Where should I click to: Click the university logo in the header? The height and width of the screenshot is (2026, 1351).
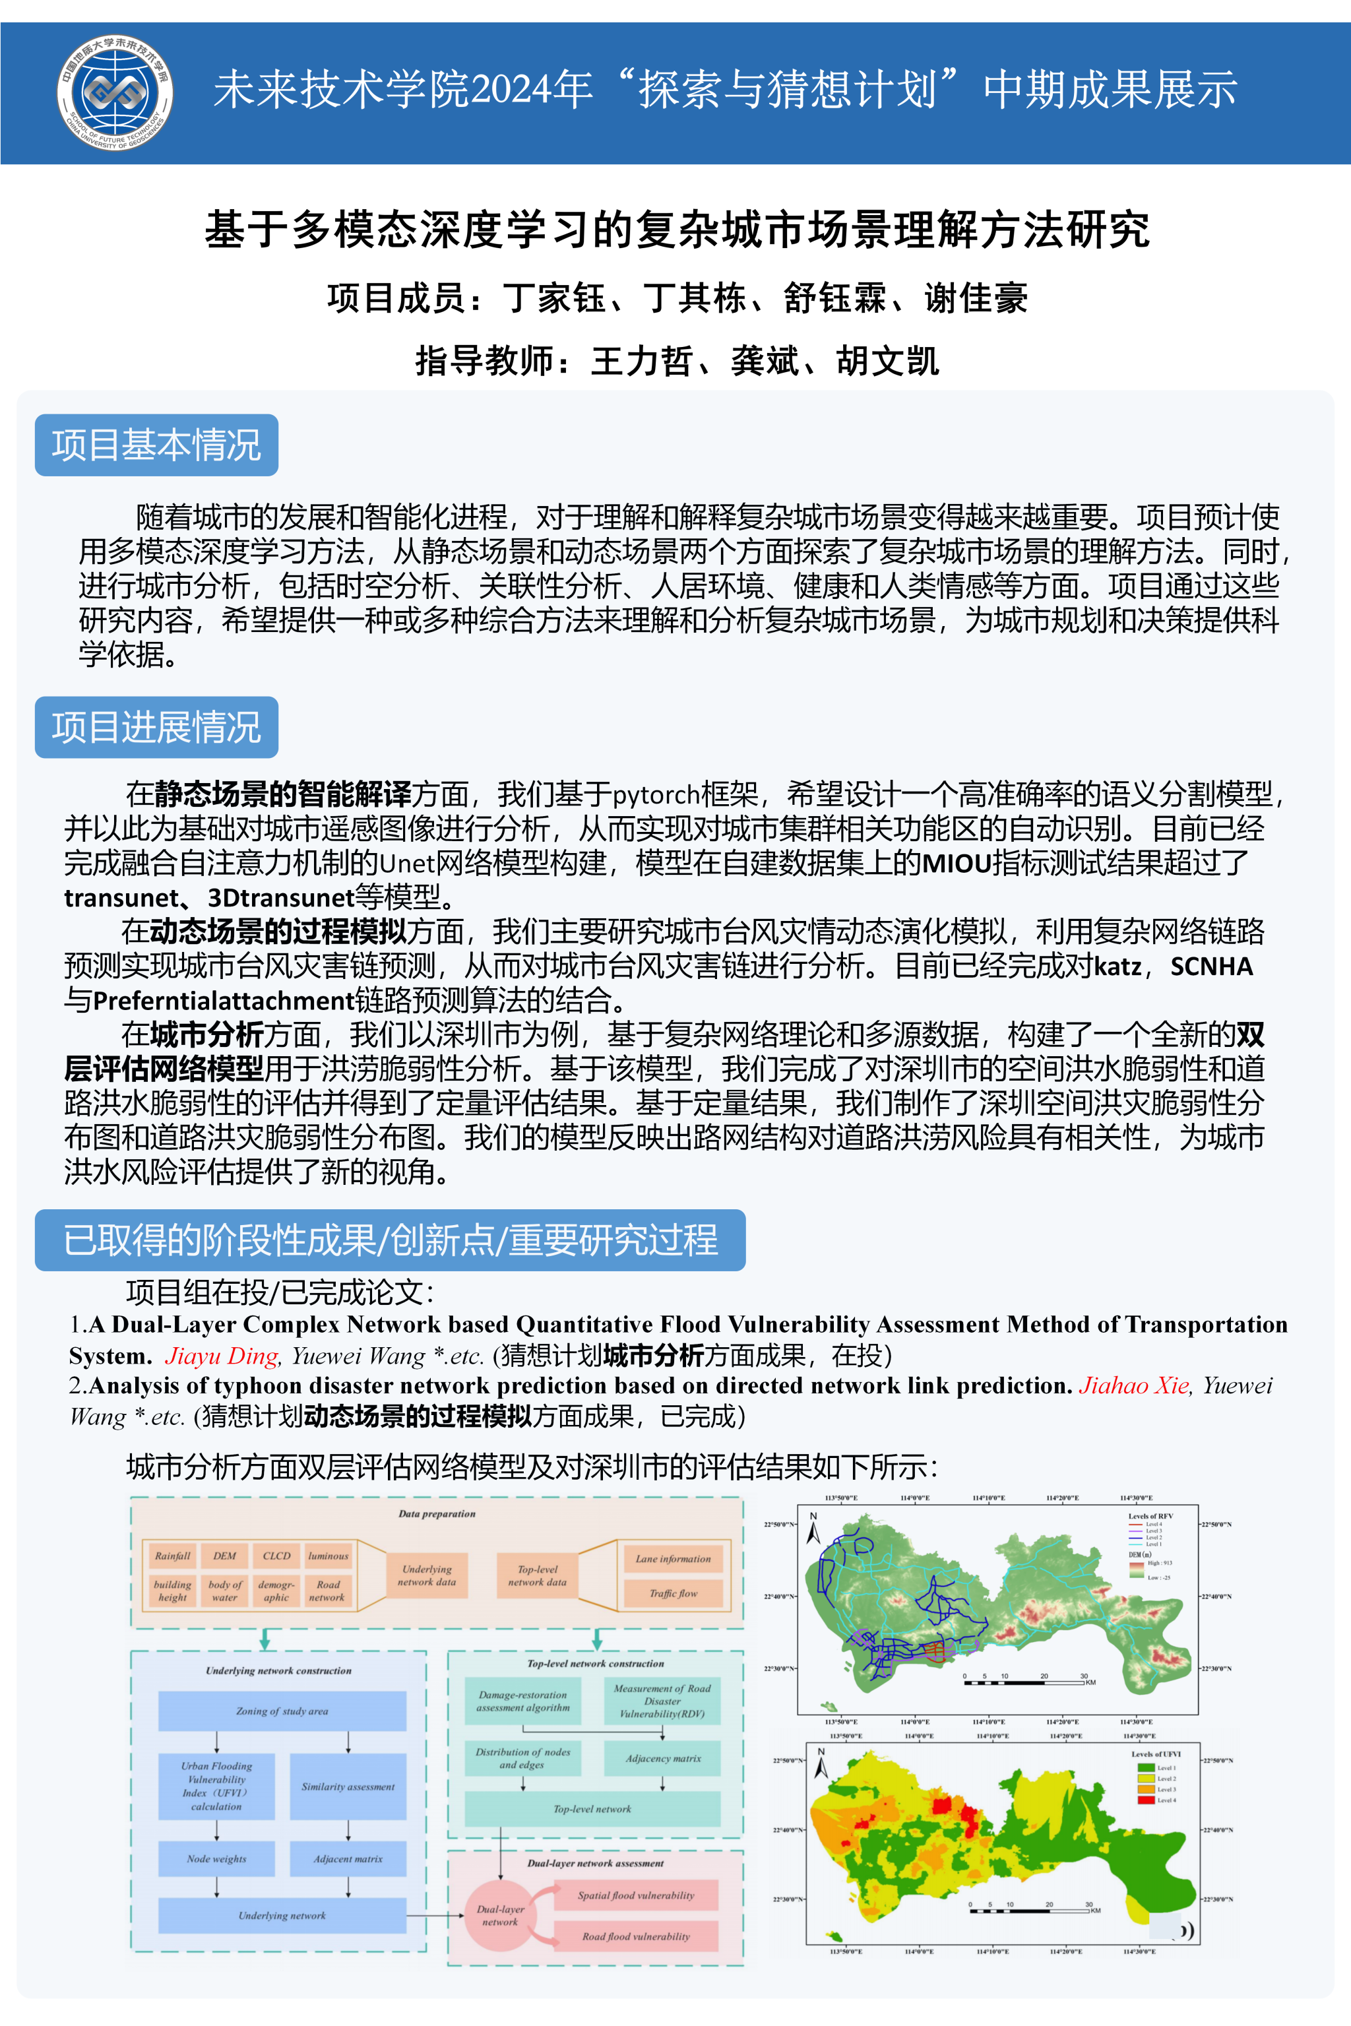[115, 92]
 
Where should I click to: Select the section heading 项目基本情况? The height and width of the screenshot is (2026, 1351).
[156, 445]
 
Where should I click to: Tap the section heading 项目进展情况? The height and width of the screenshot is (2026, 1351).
[156, 726]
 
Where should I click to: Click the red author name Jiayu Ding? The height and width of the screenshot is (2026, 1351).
[222, 1356]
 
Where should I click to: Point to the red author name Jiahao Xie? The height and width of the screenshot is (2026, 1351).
[1133, 1385]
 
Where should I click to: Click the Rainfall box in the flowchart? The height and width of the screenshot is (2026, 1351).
[172, 1556]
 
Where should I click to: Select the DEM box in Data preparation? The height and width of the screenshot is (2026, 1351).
[224, 1556]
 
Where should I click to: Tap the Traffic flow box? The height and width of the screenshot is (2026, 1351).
[673, 1593]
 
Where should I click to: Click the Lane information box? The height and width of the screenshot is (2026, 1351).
[673, 1558]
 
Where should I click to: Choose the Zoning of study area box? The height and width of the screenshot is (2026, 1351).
[282, 1711]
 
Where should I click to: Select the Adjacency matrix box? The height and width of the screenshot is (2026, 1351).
[662, 1758]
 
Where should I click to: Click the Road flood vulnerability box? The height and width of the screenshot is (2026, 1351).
[636, 1936]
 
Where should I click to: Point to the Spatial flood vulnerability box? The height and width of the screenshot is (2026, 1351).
[636, 1895]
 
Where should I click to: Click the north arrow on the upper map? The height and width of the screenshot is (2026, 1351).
[813, 1530]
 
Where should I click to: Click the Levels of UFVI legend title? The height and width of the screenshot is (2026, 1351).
[1156, 1754]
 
